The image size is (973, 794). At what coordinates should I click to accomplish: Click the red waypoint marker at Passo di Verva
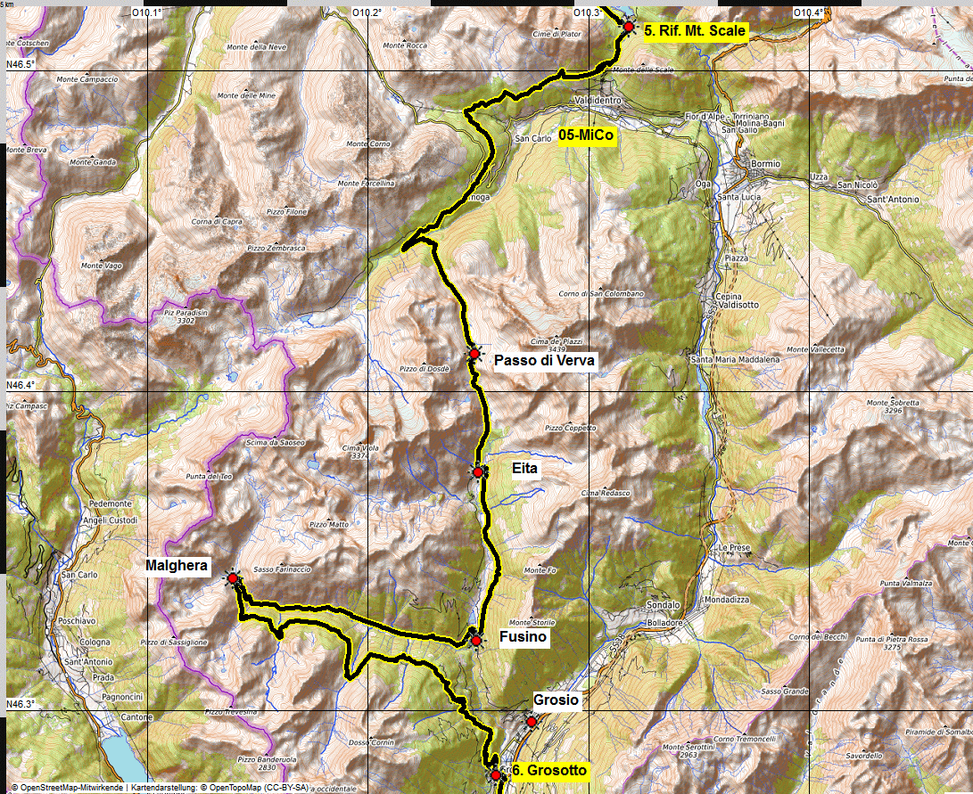pyautogui.click(x=474, y=355)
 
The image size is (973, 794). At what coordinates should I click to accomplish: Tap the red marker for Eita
pyautogui.click(x=478, y=471)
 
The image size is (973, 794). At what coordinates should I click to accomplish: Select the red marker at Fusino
pyautogui.click(x=476, y=640)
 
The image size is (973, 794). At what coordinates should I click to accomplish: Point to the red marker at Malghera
pyautogui.click(x=233, y=578)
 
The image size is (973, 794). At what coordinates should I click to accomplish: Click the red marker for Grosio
pyautogui.click(x=532, y=722)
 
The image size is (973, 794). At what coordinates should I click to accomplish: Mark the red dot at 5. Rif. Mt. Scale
pyautogui.click(x=629, y=28)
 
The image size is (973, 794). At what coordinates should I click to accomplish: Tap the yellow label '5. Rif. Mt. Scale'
pyautogui.click(x=694, y=30)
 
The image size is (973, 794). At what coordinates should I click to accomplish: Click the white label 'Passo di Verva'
pyautogui.click(x=543, y=360)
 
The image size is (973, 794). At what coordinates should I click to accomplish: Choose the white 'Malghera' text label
pyautogui.click(x=178, y=565)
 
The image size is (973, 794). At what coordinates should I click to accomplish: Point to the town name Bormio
pyautogui.click(x=765, y=164)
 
